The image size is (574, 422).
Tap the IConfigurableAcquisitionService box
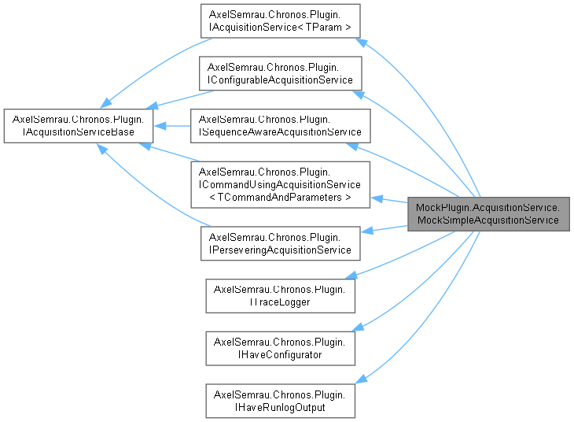(280, 74)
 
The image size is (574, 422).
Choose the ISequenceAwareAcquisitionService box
(280, 126)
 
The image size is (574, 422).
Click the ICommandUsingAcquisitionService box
(284, 184)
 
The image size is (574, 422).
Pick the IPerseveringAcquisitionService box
(280, 242)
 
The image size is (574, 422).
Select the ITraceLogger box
(280, 294)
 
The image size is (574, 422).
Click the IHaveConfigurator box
(280, 347)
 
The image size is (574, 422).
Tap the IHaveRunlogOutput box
(280, 399)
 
